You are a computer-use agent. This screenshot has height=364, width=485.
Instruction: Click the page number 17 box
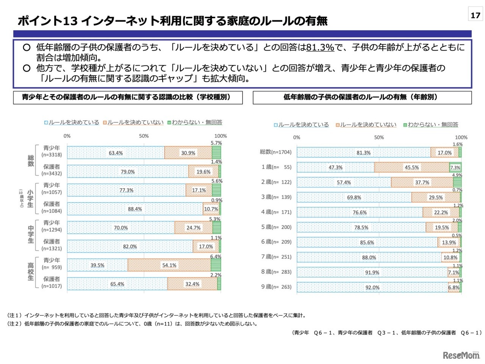pos(475,15)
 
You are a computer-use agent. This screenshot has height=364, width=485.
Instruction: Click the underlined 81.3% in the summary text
pos(320,47)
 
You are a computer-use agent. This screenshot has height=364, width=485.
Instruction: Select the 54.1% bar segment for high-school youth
pos(169,265)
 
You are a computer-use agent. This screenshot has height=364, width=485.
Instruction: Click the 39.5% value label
pos(97,265)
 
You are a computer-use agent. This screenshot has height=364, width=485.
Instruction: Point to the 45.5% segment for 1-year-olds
pos(411,167)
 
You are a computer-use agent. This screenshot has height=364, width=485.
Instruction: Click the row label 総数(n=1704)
pos(275,152)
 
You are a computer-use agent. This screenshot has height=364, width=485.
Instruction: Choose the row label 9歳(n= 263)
pos(276,287)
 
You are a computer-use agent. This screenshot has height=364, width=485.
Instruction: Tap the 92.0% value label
pos(372,287)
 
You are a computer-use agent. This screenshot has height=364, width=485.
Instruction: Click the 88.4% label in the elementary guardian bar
pos(135,209)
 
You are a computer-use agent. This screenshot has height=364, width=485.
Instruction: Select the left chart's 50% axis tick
pos(144,136)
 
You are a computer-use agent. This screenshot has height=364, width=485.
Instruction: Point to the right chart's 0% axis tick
pos(297,137)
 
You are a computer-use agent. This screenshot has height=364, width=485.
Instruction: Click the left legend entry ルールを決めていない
pos(133,122)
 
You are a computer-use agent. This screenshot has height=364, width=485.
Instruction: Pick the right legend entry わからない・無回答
pos(431,124)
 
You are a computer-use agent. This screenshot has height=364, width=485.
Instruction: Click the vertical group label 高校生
pos(31,272)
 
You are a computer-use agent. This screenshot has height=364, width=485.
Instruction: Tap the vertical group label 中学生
pos(31,235)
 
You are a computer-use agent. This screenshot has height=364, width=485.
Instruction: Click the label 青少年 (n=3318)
pos(52,151)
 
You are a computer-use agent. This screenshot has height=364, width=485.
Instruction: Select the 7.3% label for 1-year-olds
pos(455,168)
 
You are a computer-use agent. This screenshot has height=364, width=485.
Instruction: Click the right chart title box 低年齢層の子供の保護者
pos(362,97)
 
